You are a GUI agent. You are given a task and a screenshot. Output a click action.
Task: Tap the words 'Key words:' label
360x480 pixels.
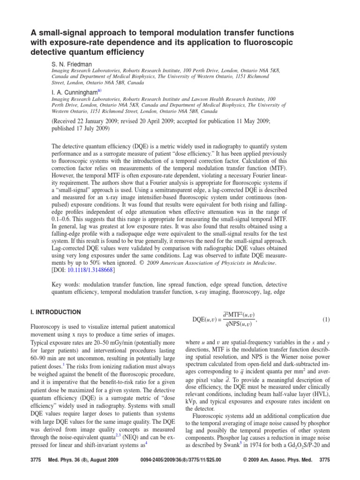(67, 285)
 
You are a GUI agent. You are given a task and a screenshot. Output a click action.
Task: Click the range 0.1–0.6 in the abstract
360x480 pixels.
(63, 217)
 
